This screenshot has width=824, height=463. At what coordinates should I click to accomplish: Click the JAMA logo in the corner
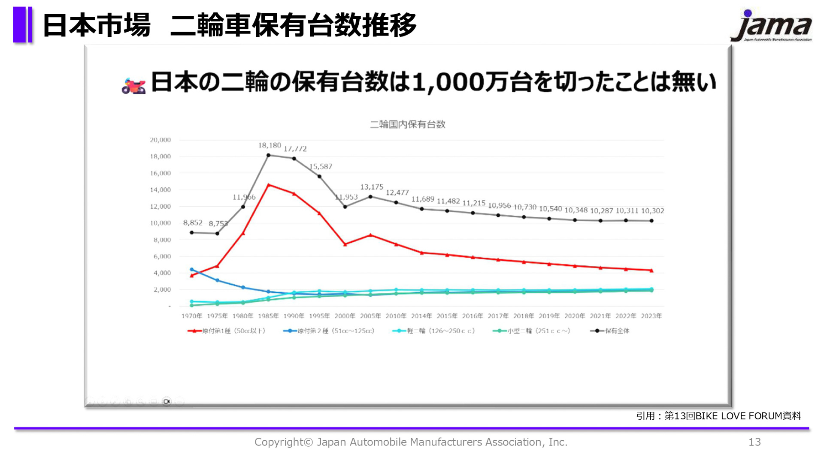771,26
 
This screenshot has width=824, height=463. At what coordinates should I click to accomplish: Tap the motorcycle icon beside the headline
133,86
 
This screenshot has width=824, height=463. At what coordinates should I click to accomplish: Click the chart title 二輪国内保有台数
407,124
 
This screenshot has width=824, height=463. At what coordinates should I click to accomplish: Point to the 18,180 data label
270,146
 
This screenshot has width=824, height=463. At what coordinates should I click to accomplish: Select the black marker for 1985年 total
269,155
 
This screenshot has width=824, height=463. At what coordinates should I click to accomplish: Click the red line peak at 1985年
269,185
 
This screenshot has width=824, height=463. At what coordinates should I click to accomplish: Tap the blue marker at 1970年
192,270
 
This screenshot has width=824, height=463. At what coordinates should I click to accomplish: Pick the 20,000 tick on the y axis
160,140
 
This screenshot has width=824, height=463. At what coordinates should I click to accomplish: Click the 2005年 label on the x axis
370,316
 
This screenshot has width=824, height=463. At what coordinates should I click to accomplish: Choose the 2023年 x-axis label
651,316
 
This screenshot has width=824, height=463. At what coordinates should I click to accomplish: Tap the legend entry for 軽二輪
434,331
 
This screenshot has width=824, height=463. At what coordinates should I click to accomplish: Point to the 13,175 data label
372,187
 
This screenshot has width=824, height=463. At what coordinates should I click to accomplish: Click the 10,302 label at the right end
652,211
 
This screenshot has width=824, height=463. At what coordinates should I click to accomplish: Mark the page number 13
754,442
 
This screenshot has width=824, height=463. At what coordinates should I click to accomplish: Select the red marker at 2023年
651,271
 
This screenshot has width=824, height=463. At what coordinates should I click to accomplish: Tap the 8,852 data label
193,222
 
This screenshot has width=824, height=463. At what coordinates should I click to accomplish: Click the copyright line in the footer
411,442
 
